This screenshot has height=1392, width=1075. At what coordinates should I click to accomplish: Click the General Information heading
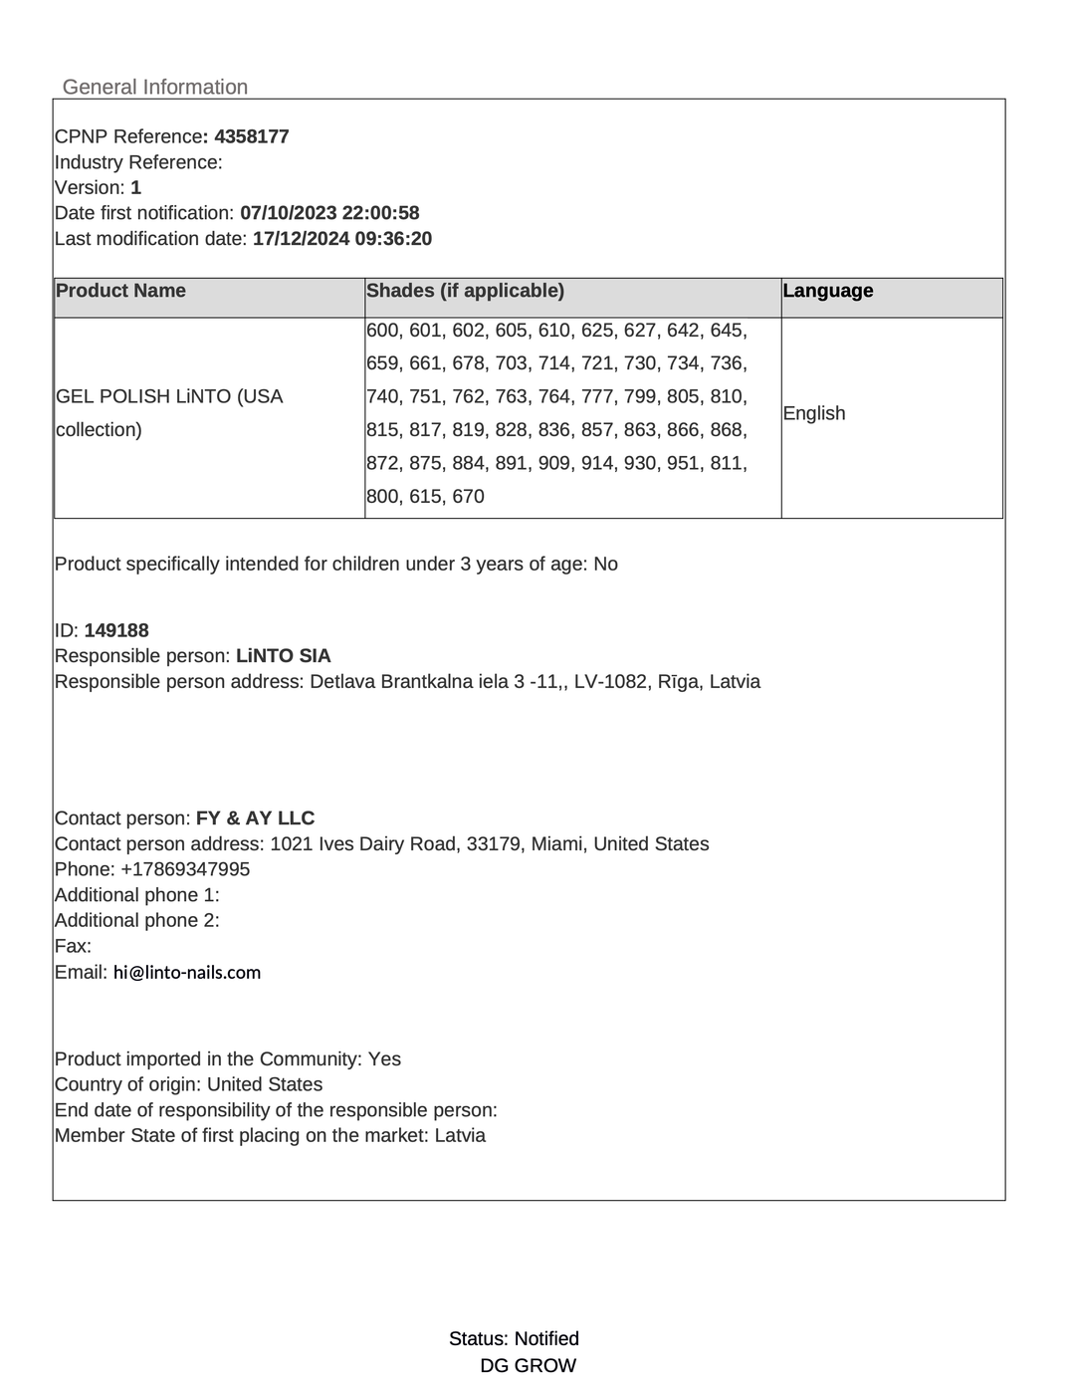155,88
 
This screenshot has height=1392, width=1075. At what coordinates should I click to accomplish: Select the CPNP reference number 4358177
252,136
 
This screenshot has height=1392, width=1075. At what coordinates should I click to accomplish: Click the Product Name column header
120,291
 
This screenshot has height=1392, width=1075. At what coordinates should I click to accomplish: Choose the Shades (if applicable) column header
465,291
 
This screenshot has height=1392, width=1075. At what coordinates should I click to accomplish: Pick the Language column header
828,291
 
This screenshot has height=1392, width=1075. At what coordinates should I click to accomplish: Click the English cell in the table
814,413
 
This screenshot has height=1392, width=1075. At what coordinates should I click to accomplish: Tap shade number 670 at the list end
468,497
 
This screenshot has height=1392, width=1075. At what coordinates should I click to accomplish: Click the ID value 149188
116,630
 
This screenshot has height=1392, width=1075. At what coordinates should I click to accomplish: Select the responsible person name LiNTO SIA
284,656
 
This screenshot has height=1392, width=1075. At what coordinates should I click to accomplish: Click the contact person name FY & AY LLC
255,818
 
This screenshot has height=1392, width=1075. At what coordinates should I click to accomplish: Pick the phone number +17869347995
185,869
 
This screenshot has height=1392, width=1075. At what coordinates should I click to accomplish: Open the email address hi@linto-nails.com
187,973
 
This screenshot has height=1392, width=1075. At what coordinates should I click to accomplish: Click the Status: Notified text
514,1339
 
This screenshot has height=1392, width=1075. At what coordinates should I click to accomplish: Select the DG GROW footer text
528,1366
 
